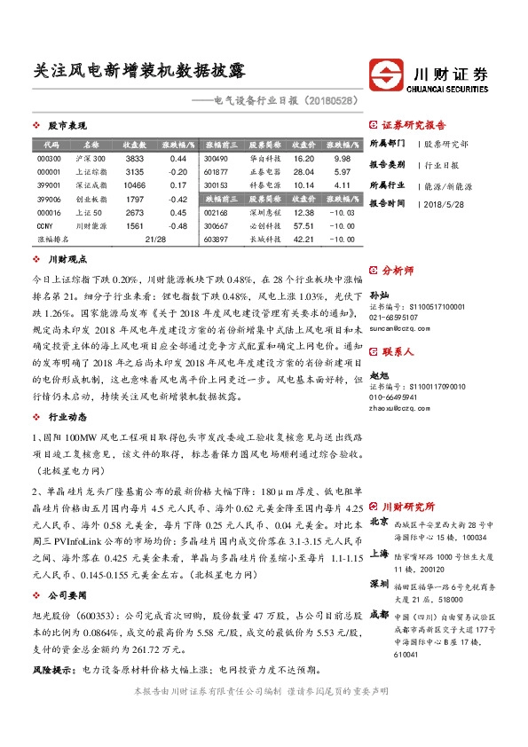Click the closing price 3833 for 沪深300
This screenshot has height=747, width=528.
pyautogui.click(x=135, y=157)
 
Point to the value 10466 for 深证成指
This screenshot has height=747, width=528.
pyautogui.click(x=135, y=185)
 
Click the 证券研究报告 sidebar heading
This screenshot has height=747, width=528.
pyautogui.click(x=414, y=125)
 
